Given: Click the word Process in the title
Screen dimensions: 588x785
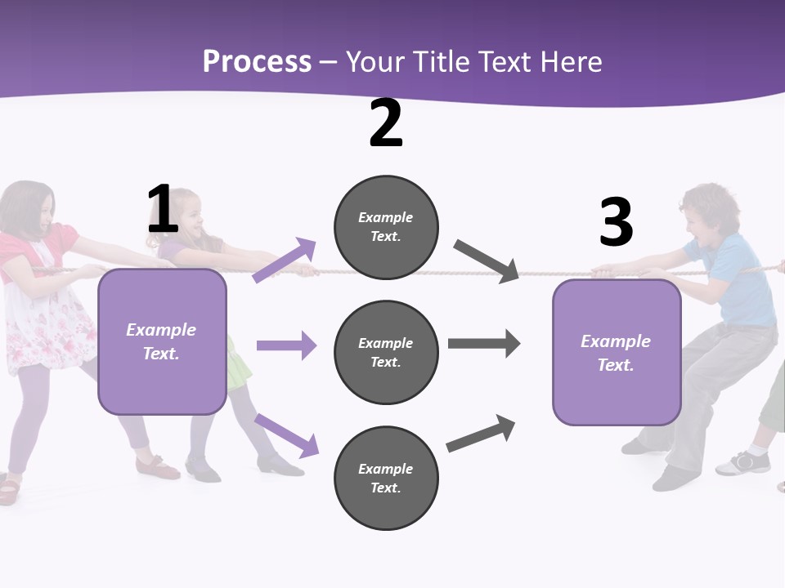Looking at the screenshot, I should pos(257,62).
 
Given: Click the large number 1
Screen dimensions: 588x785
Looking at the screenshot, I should pos(163,209).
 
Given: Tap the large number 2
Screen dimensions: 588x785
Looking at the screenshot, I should pos(386,123).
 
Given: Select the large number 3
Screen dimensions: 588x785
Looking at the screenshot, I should pos(616,222).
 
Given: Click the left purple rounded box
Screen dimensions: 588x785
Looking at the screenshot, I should pos(162,341).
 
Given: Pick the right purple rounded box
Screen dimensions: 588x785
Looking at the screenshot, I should pos(617,353).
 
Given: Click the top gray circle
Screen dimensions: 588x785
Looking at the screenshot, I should pos(386,227).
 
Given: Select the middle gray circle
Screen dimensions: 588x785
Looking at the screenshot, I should pos(386,352).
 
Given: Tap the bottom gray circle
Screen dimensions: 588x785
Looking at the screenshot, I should pos(386,478).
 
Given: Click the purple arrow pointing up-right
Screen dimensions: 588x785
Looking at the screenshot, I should pos(285,260).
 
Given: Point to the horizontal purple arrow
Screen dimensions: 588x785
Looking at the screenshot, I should pos(286,345).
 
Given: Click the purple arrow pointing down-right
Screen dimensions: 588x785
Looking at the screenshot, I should pos(287,435).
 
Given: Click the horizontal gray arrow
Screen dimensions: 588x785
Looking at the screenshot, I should pos(484,344).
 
